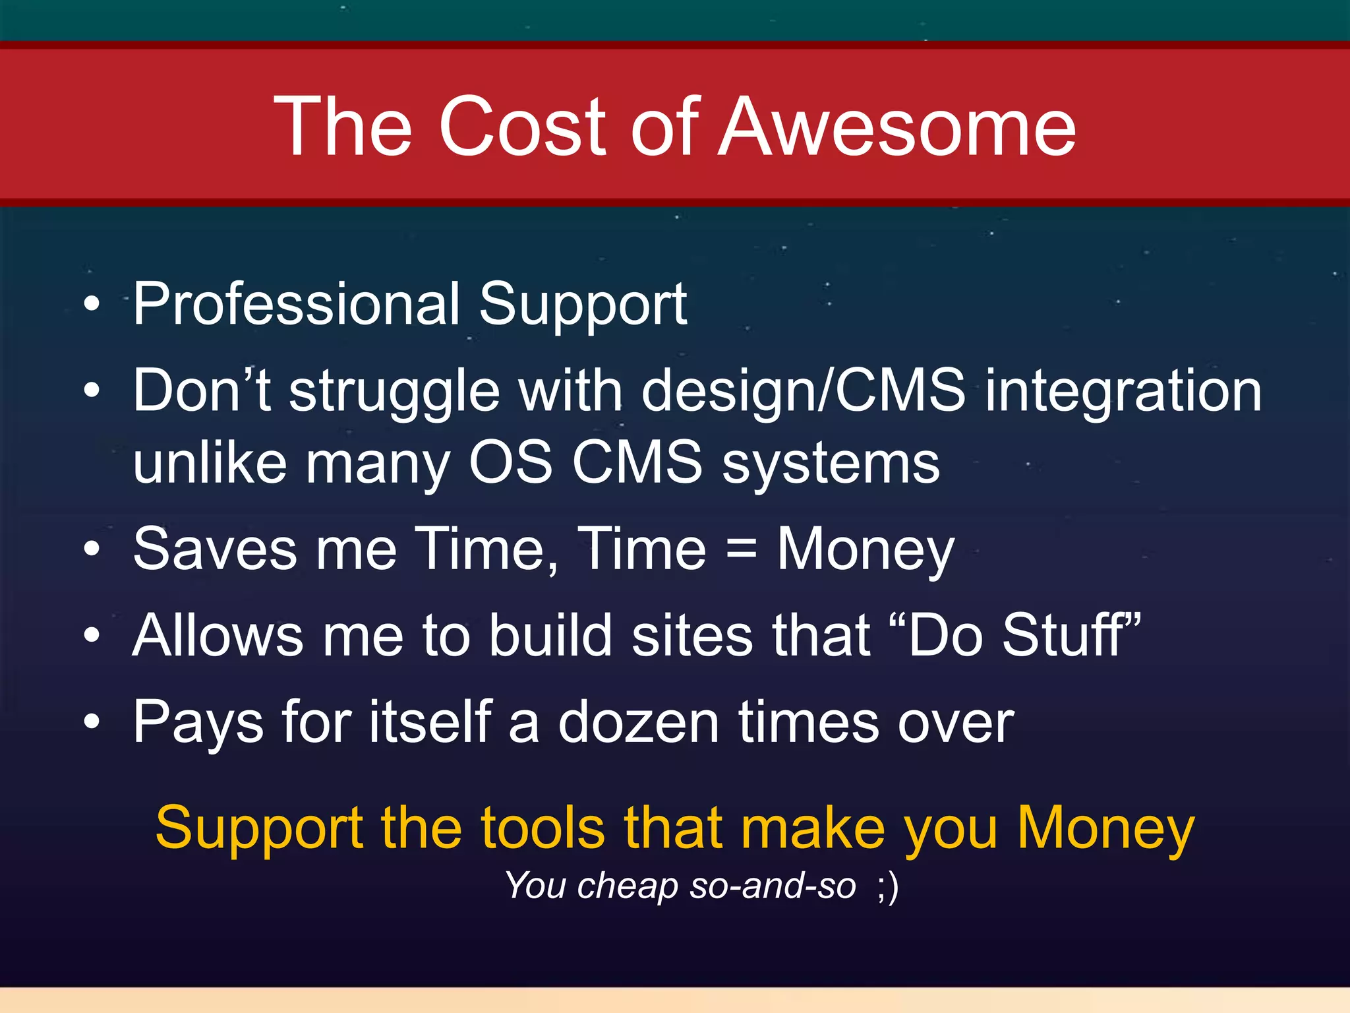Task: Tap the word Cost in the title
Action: (521, 127)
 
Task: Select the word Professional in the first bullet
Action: (296, 304)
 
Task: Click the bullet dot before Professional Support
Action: (92, 304)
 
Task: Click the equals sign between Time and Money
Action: (741, 549)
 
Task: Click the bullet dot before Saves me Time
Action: (92, 549)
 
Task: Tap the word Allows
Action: (218, 635)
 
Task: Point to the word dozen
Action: (638, 722)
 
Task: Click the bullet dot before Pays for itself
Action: (92, 722)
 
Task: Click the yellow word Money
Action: (1105, 829)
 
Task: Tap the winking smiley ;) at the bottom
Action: (888, 886)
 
